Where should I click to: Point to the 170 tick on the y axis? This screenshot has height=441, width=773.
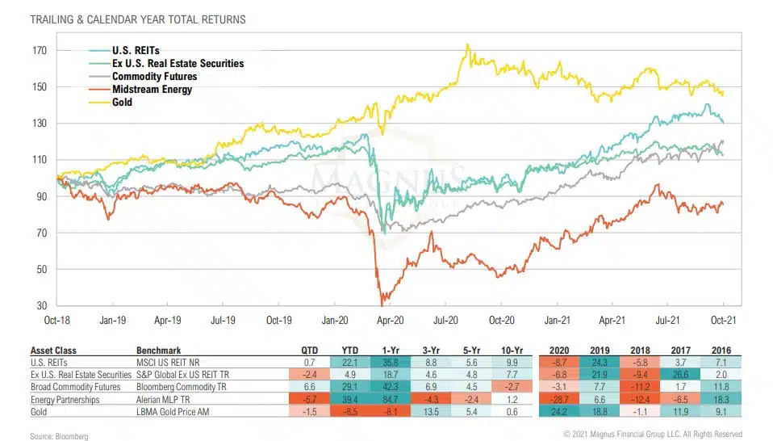(40, 51)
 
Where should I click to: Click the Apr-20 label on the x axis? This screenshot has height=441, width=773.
(391, 320)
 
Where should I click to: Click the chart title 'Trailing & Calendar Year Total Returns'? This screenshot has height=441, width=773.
(138, 19)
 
